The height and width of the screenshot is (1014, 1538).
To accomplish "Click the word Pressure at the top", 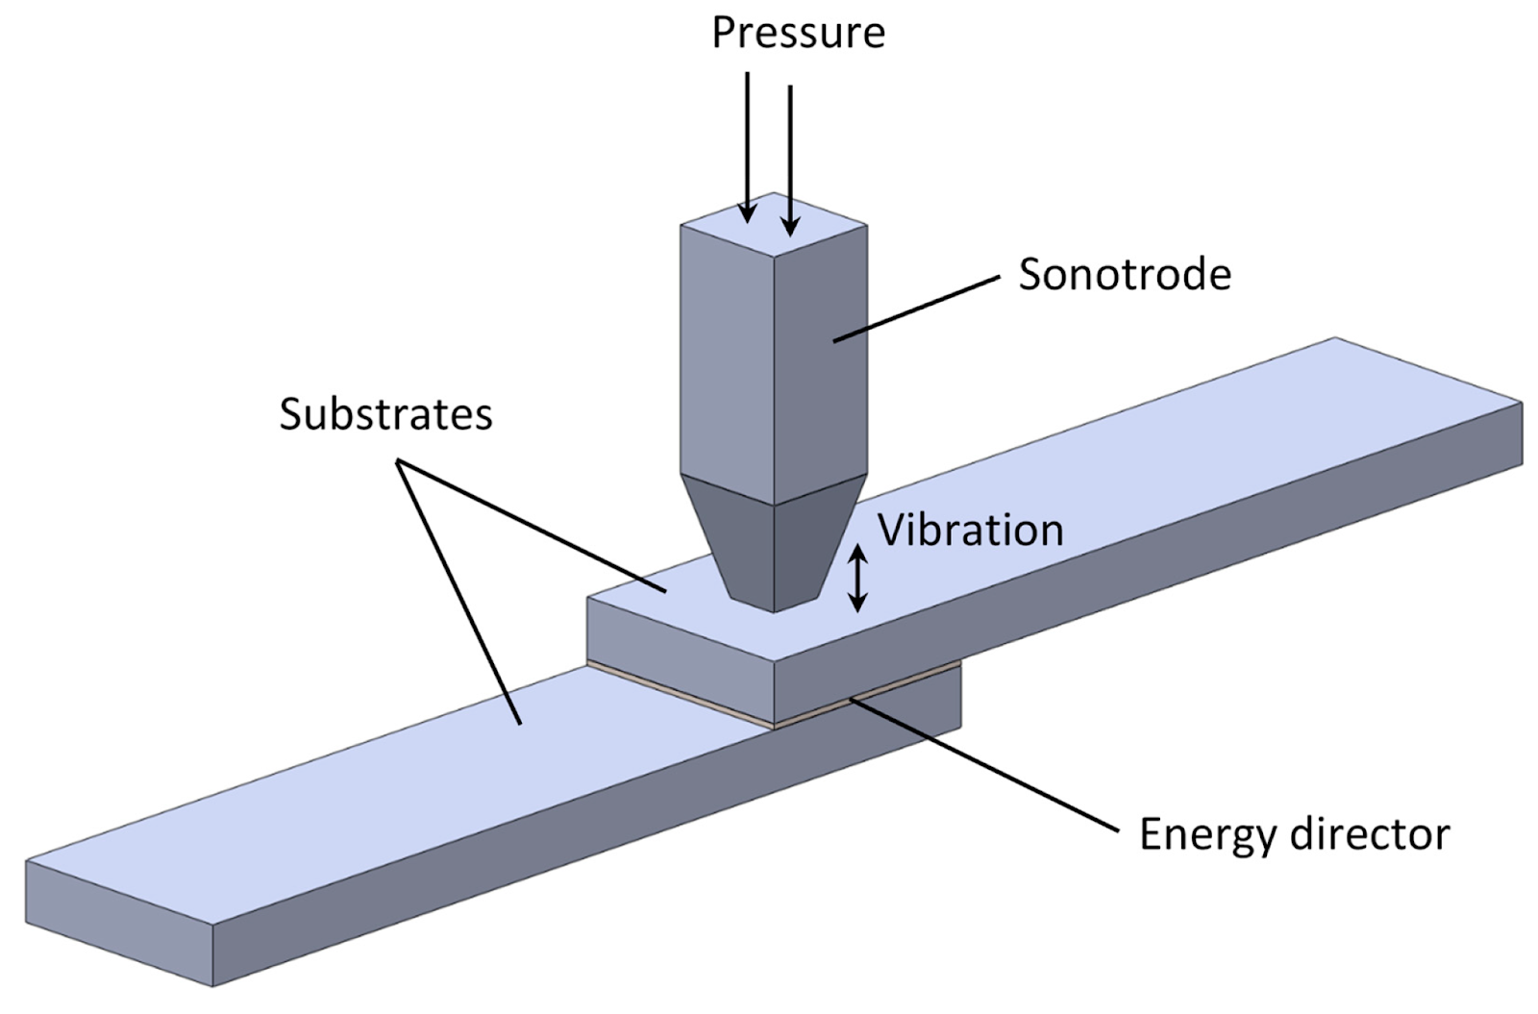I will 798,34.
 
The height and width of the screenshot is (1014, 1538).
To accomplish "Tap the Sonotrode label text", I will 1125,275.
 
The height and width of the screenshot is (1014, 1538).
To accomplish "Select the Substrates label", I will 385,414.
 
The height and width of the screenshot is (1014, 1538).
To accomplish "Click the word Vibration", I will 971,531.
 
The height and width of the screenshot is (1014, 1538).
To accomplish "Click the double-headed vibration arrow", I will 857,579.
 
